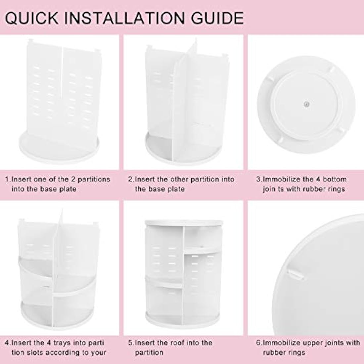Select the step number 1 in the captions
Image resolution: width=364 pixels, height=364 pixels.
click(x=7, y=179)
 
